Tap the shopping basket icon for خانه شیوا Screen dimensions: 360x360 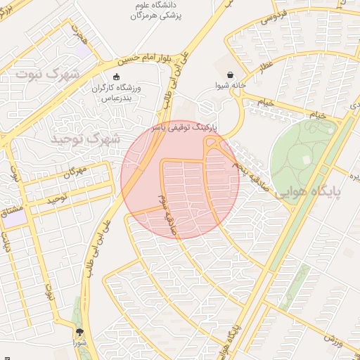pyautogui.click(x=231, y=75)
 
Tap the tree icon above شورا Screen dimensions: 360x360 pyautogui.click(x=79, y=331)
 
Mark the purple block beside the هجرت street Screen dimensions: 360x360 pyautogui.click(x=83, y=51)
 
